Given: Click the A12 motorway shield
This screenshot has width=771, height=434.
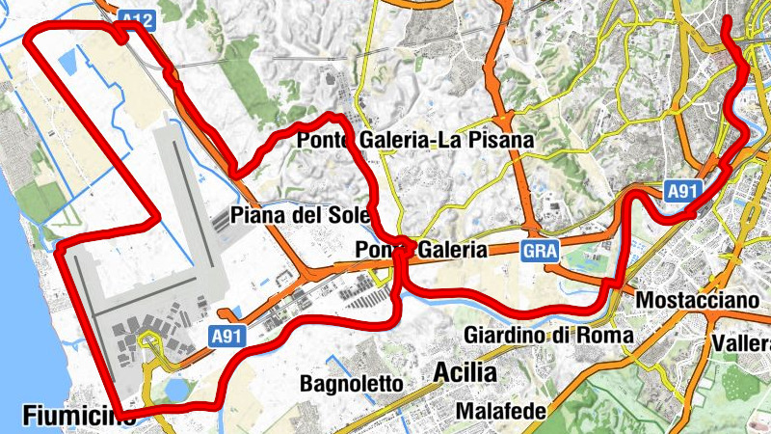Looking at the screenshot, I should (133, 18).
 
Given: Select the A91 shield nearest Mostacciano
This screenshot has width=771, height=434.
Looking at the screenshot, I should (681, 192).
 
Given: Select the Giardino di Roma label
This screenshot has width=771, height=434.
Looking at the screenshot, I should (548, 335).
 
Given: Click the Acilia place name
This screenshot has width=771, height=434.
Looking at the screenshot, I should (465, 371).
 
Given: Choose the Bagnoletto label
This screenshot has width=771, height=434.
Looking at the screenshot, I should (351, 383).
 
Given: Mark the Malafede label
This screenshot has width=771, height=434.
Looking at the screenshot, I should (501, 412).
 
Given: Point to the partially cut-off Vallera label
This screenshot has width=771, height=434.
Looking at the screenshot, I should (742, 343).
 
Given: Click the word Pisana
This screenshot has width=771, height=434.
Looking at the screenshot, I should (501, 141).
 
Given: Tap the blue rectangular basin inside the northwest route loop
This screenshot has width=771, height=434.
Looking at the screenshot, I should (69, 64).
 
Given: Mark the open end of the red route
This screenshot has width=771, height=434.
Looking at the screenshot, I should (727, 19).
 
